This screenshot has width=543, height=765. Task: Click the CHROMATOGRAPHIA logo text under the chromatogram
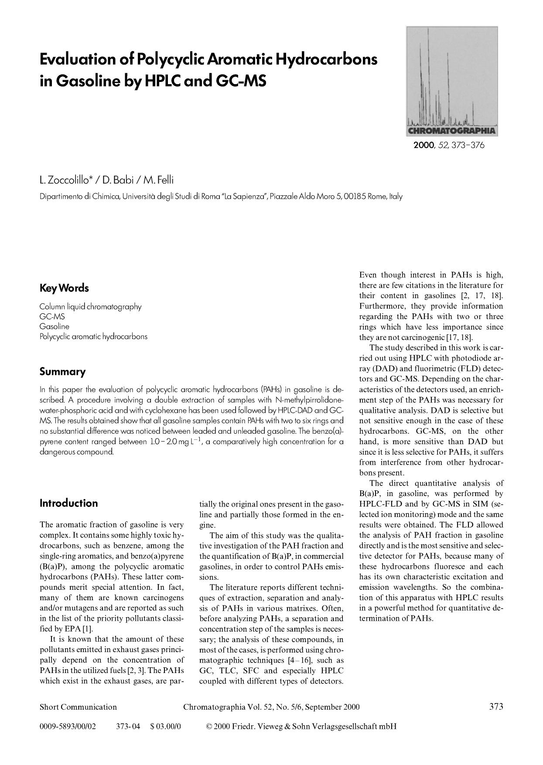click(451, 130)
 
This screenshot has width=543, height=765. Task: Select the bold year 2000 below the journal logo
click(422, 145)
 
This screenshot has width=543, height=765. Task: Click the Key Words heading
click(64, 288)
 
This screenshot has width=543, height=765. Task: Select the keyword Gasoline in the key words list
click(54, 326)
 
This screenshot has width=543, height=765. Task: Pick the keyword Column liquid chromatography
click(90, 306)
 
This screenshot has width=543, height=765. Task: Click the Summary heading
click(62, 372)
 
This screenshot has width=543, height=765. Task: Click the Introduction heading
click(68, 503)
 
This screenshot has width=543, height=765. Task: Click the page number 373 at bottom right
click(496, 707)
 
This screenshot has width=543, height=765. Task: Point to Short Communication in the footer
click(78, 707)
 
